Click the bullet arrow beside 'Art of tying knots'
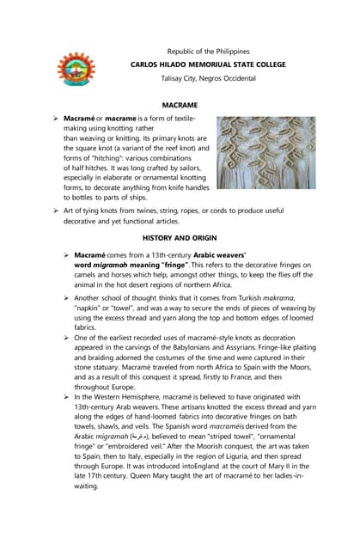(56, 210)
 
